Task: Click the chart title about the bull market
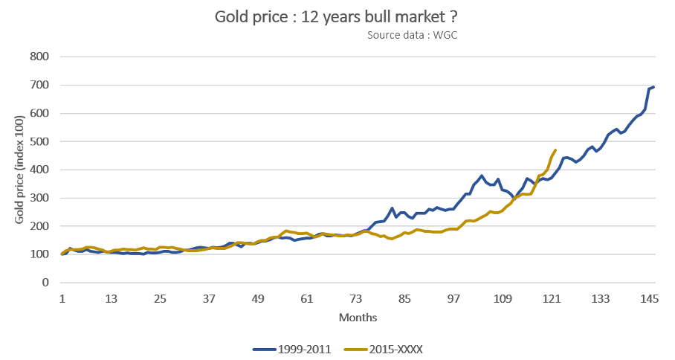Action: [337, 16]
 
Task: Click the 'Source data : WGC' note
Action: [411, 35]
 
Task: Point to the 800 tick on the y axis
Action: [39, 57]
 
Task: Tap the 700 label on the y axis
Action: [39, 85]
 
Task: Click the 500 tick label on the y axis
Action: [39, 141]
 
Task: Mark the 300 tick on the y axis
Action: [39, 198]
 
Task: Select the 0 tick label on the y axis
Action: [45, 283]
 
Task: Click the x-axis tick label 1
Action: [62, 299]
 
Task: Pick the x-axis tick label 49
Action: [258, 299]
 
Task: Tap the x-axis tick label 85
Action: [405, 299]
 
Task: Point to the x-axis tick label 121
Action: [552, 299]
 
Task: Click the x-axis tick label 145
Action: [650, 299]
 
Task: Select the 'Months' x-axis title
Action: [358, 318]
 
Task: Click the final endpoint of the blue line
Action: [653, 86]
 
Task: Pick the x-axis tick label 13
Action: [111, 299]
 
